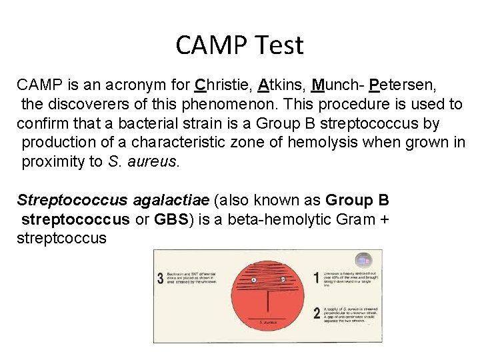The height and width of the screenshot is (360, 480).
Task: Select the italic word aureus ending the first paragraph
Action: pyautogui.click(x=157, y=162)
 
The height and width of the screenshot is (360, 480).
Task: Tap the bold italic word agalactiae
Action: pyautogui.click(x=171, y=200)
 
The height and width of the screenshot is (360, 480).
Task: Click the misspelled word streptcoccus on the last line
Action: pyautogui.click(x=61, y=238)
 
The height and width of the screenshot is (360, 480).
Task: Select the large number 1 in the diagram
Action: pyautogui.click(x=316, y=277)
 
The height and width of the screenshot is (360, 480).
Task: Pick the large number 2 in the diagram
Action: pyautogui.click(x=316, y=313)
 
